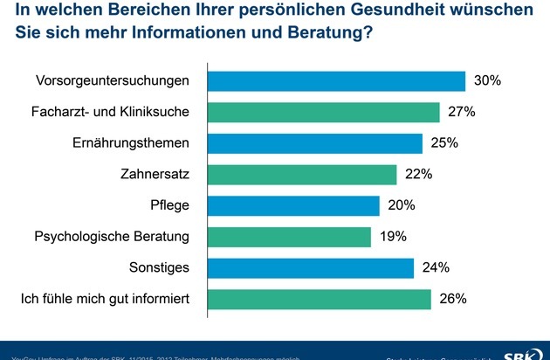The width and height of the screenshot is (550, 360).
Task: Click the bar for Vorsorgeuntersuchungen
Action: coord(335,80)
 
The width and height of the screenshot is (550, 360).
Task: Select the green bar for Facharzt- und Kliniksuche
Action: coord(322,112)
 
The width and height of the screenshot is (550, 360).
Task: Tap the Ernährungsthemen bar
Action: coord(314,143)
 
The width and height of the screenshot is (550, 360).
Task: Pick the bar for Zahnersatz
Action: coord(301,174)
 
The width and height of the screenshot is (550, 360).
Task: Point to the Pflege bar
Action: coord(292,205)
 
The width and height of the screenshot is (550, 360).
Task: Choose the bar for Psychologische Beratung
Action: coord(288,237)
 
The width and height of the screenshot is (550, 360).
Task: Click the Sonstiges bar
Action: coord(310,267)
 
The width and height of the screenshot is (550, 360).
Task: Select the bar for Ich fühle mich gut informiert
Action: coord(319,299)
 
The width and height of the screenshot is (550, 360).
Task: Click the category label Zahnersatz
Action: coord(160,174)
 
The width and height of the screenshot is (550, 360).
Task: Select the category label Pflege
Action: coord(171,205)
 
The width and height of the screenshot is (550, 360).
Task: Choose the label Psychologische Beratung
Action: coord(112,237)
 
